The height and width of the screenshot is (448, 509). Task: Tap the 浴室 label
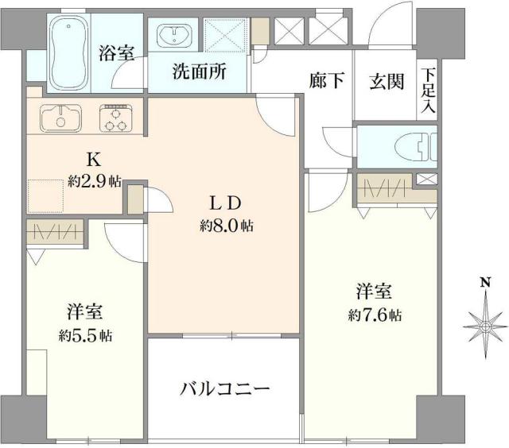pyautogui.click(x=116, y=54)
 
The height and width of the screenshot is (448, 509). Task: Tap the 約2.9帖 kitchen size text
pyautogui.click(x=95, y=182)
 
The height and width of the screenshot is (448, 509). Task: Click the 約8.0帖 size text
pyautogui.click(x=227, y=226)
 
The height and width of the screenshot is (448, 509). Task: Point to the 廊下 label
pyautogui.click(x=326, y=81)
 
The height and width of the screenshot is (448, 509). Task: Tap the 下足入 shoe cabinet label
pyautogui.click(x=429, y=88)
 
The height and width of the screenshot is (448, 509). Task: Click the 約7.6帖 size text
pyautogui.click(x=375, y=315)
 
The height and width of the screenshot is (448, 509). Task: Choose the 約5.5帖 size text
pyautogui.click(x=84, y=334)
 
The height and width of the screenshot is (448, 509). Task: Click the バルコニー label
pyautogui.click(x=225, y=389)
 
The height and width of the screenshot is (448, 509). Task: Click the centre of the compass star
pyautogui.click(x=484, y=325)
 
